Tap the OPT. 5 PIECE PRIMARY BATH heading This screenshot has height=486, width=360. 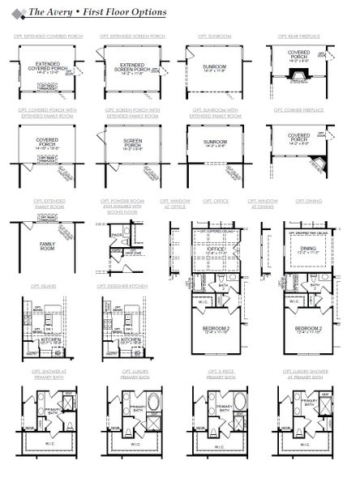pos(214,375)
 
